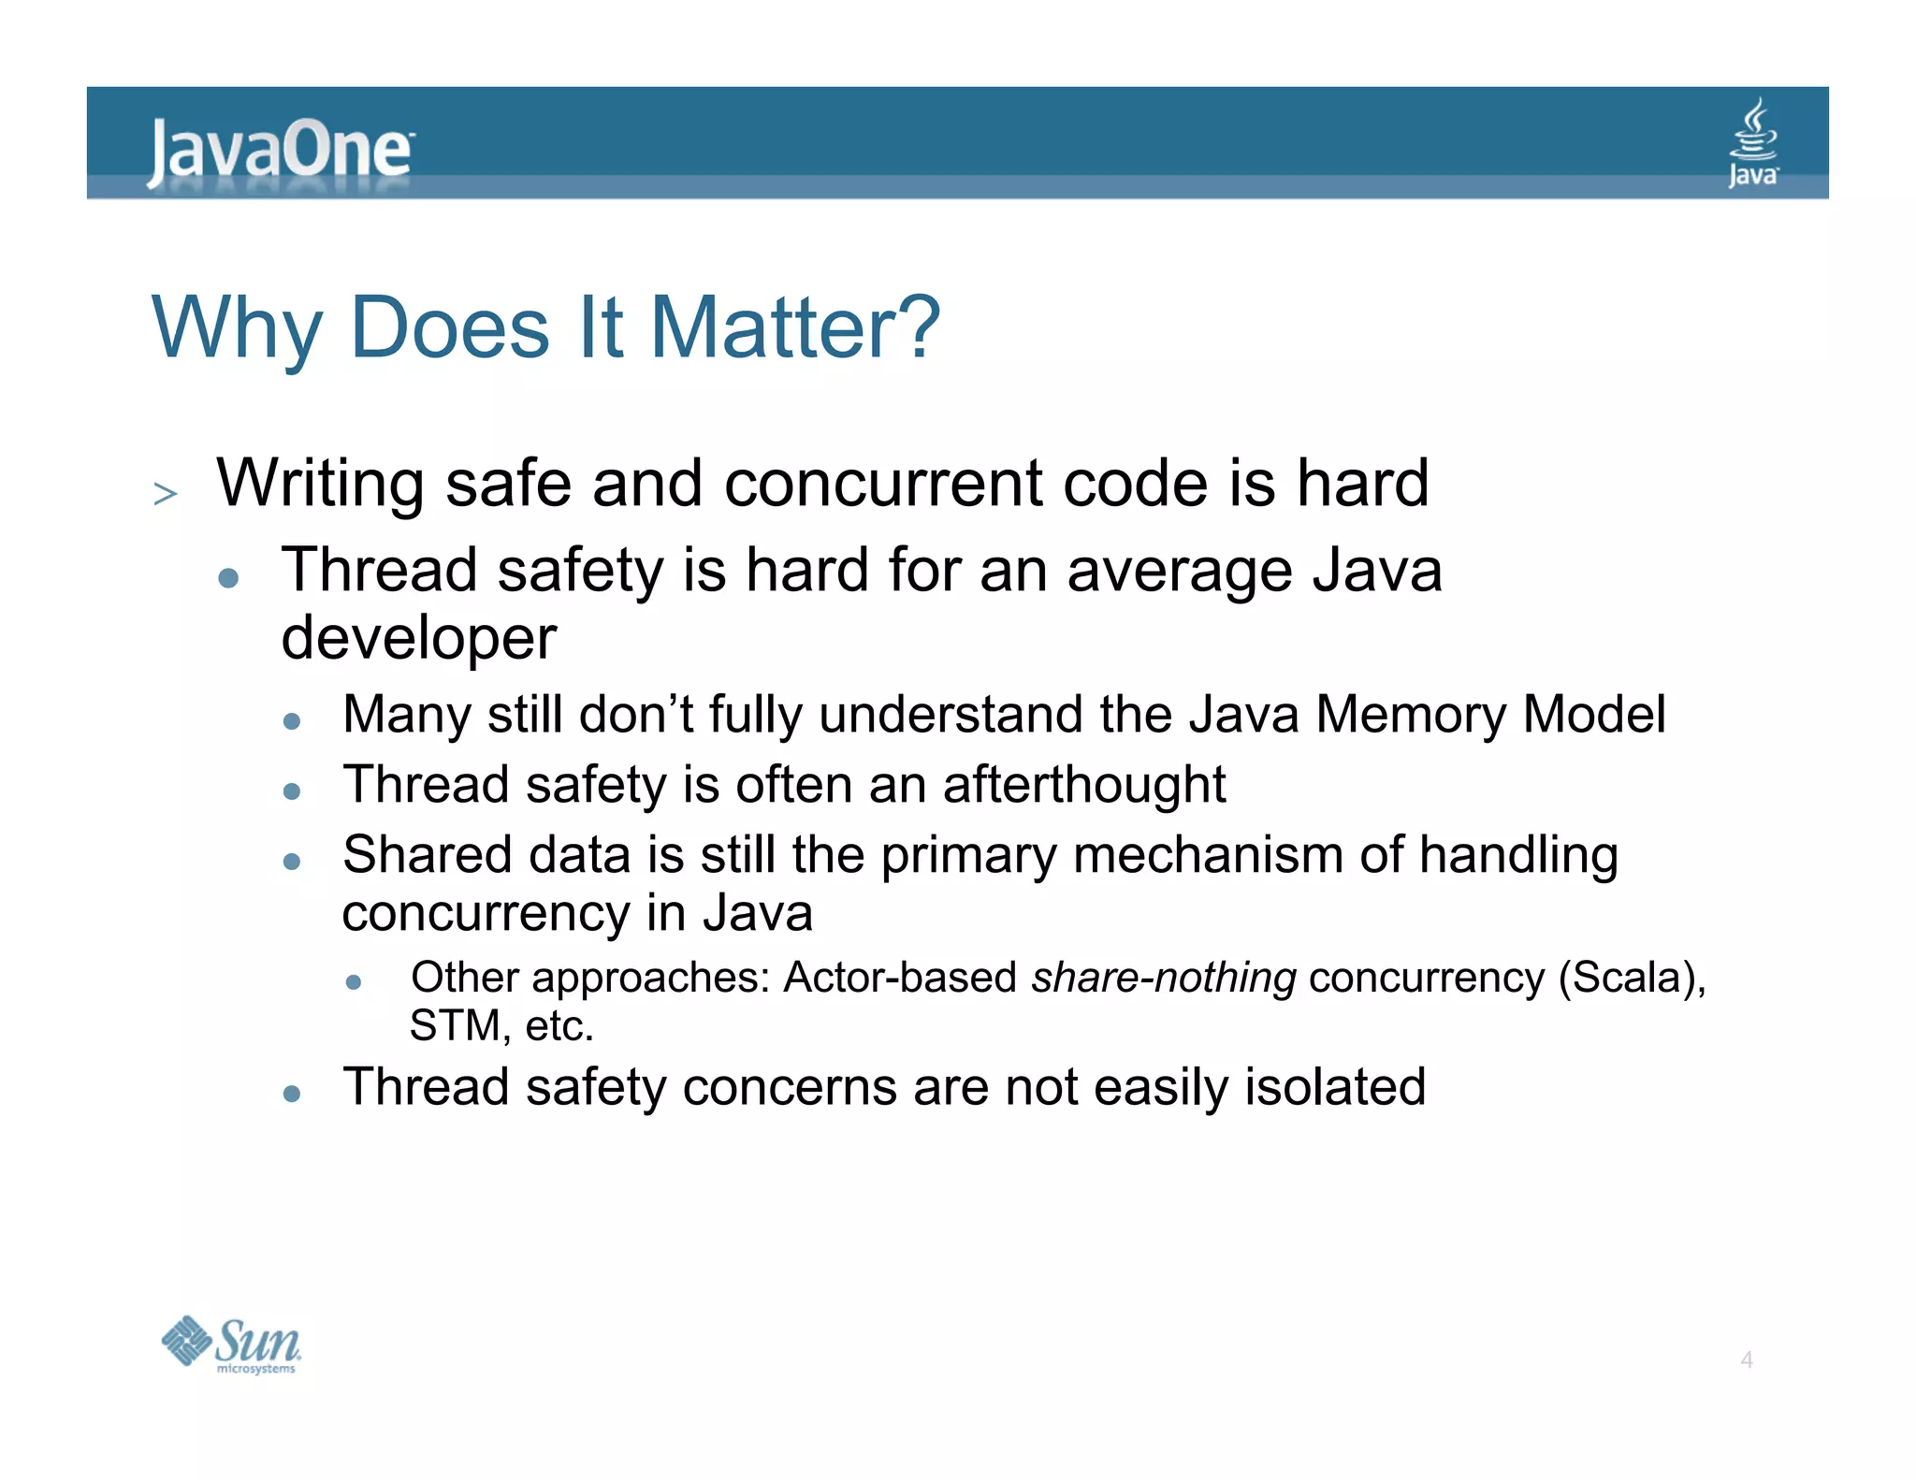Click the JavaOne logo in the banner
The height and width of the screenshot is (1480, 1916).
pos(279,151)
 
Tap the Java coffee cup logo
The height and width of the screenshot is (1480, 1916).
pos(1752,143)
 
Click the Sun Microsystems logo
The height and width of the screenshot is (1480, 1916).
pos(231,1344)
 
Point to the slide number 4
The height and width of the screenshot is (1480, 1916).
pos(1746,1359)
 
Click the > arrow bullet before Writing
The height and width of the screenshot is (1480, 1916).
pos(166,493)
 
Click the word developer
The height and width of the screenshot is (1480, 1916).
pos(418,638)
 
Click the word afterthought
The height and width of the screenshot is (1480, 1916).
pos(1083,784)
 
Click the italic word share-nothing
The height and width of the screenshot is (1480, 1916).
pos(1163,978)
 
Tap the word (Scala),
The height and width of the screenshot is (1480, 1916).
pos(1632,978)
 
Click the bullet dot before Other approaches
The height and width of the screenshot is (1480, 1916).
pos(353,981)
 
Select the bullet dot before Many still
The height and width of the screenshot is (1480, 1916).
pos(292,720)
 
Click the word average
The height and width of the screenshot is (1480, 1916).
pos(1179,571)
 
